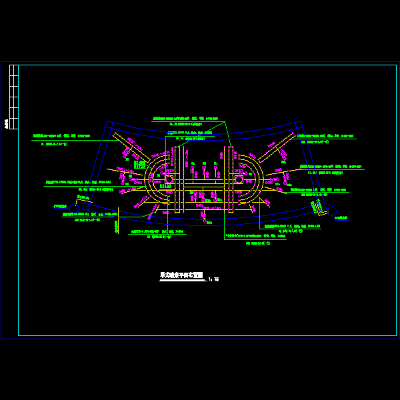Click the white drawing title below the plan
point(181,275)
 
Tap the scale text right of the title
point(213,279)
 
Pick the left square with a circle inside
point(169,179)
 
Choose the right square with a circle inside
point(239,179)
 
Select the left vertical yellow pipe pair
point(179,179)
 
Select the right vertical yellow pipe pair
point(229,179)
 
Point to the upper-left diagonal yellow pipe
point(131,147)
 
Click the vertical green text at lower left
point(115,227)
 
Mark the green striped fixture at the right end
point(321,209)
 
